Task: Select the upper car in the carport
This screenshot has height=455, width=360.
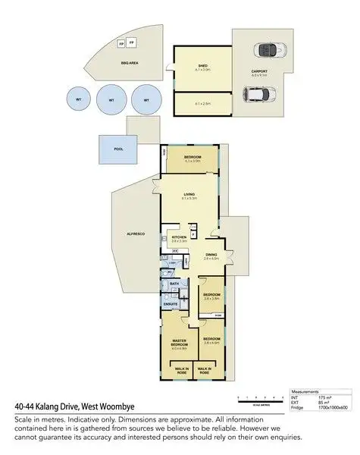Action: (x=267, y=51)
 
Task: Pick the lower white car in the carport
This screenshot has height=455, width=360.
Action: (x=253, y=95)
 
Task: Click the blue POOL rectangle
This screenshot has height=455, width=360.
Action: (x=117, y=149)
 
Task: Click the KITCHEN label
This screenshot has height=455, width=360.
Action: (x=179, y=237)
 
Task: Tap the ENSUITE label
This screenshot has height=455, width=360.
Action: (x=171, y=304)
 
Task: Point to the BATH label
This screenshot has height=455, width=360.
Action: (x=174, y=284)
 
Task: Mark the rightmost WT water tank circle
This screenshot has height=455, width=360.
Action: (x=144, y=99)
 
